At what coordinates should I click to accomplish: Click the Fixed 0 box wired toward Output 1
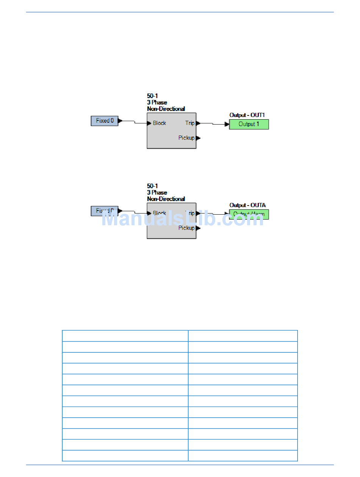point(105,121)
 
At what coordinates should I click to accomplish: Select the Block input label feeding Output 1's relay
point(159,123)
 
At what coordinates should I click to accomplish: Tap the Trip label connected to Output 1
point(190,123)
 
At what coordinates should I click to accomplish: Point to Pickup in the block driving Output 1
point(186,138)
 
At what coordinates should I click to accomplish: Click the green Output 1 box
point(249,124)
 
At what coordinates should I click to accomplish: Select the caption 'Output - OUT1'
point(247,115)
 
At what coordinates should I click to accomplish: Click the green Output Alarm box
point(249,214)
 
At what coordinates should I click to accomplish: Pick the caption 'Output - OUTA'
point(247,205)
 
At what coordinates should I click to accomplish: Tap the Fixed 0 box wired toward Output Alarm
point(105,211)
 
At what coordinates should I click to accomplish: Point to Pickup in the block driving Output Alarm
point(186,228)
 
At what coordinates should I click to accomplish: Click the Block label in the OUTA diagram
point(159,213)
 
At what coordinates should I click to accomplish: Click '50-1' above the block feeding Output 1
point(152,96)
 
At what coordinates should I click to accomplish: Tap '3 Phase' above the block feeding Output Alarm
point(157,192)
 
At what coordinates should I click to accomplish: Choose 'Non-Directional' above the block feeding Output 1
point(166,109)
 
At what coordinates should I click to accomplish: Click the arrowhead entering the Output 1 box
point(227,124)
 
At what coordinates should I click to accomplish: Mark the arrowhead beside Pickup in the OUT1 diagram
point(198,138)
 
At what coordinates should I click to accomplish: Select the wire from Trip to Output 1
point(213,124)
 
